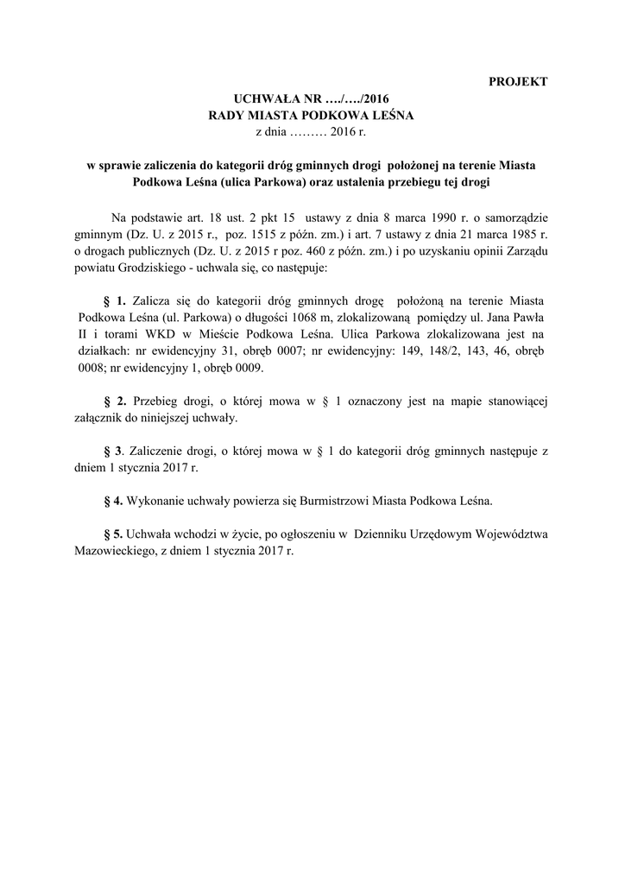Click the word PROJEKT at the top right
pos(519,82)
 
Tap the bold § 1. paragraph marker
pos(115,300)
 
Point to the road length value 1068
pos(284,317)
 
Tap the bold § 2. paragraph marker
pos(115,401)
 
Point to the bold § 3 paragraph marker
pos(113,451)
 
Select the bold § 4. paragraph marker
pos(115,500)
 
